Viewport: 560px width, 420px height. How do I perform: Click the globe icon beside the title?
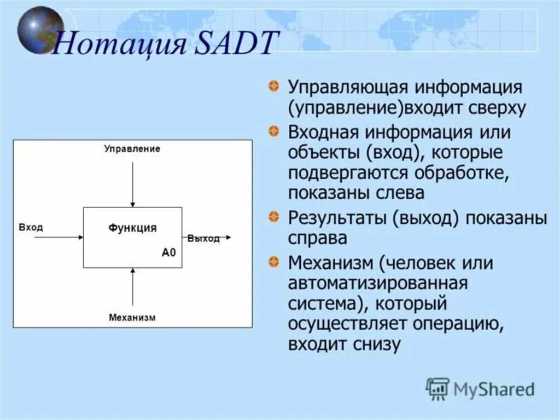(40, 30)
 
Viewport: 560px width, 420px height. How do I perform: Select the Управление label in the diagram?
(132, 148)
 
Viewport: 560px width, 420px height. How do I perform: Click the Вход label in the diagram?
(31, 227)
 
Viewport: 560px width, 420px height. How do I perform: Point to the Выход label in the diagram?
(203, 238)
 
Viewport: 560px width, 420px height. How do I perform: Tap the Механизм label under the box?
(132, 317)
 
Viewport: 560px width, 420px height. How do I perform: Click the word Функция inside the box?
(132, 228)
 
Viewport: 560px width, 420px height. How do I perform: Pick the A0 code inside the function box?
(169, 252)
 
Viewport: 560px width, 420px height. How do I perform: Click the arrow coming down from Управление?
(132, 185)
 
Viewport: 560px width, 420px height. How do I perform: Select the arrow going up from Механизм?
(132, 286)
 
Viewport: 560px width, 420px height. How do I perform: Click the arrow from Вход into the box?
(59, 237)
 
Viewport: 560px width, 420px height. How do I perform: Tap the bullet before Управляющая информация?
(273, 86)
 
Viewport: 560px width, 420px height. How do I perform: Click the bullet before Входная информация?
(273, 131)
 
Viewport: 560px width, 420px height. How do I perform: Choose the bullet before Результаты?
(273, 216)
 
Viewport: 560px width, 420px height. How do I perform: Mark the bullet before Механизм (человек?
(273, 262)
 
